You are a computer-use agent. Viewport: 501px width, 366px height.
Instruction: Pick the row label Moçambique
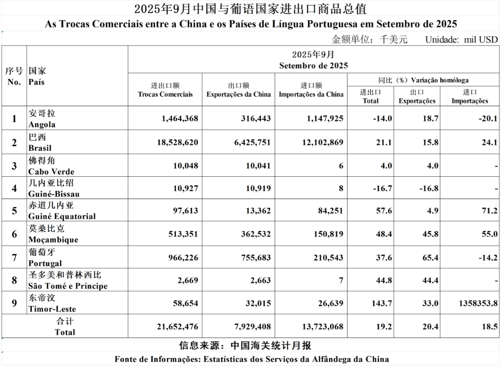tap(53, 239)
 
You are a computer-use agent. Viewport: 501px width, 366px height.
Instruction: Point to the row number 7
tap(14, 257)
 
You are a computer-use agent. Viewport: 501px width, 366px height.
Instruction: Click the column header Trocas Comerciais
tap(165, 94)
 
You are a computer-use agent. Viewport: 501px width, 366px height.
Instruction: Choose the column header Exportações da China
tap(239, 94)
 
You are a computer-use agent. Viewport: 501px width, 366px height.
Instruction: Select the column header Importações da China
tap(311, 94)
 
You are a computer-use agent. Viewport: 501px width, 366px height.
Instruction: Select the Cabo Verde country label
tap(51, 171)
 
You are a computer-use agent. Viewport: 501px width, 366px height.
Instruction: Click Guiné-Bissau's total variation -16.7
tap(383, 188)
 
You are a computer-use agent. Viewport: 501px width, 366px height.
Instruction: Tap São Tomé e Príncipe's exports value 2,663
tap(258, 281)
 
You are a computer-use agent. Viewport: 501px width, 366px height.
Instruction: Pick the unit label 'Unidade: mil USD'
tap(461, 40)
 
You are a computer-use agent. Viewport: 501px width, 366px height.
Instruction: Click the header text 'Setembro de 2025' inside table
tap(313, 65)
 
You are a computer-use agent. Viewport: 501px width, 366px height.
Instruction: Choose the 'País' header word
tap(37, 81)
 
